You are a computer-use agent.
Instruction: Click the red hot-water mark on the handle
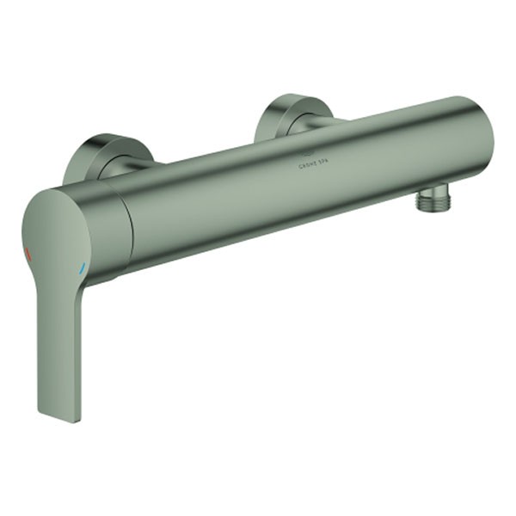coord(28,255)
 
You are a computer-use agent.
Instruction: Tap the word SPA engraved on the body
coord(323,160)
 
